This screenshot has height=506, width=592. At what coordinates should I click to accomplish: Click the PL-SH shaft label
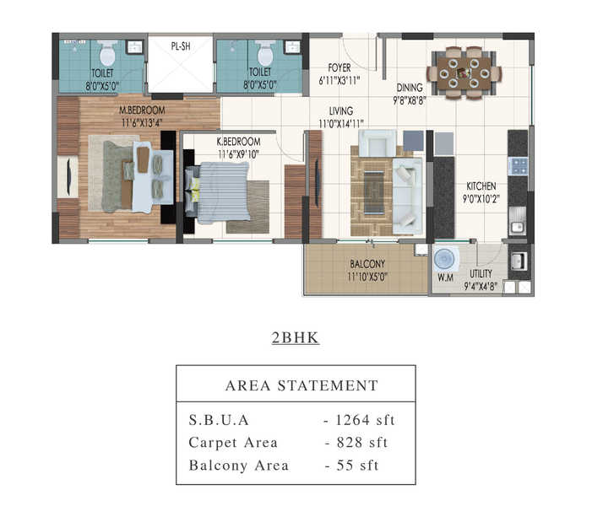pyautogui.click(x=181, y=46)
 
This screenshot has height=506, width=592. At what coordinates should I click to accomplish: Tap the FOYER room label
pyautogui.click(x=339, y=67)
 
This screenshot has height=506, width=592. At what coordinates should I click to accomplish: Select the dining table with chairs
pyautogui.click(x=464, y=73)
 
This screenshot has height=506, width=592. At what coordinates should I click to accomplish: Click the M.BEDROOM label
pyautogui.click(x=142, y=110)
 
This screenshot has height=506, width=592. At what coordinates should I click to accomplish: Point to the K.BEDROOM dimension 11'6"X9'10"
pyautogui.click(x=238, y=154)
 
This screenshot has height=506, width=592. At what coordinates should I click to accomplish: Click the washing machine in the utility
pyautogui.click(x=445, y=259)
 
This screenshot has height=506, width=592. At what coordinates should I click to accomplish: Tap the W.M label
pyautogui.click(x=445, y=277)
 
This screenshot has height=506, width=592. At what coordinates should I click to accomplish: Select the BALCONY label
pyautogui.click(x=367, y=264)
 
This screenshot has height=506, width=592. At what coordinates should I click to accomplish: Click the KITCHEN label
pyautogui.click(x=481, y=186)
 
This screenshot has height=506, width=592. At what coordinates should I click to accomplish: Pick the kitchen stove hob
pyautogui.click(x=518, y=166)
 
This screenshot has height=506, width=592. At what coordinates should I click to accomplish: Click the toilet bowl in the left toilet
pyautogui.click(x=107, y=53)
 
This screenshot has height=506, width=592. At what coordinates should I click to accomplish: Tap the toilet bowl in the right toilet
pyautogui.click(x=265, y=53)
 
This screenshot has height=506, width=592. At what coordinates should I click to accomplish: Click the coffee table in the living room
pyautogui.click(x=374, y=192)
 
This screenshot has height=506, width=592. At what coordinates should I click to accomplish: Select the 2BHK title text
pyautogui.click(x=296, y=337)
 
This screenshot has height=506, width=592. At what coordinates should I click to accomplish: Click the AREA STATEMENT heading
pyautogui.click(x=301, y=385)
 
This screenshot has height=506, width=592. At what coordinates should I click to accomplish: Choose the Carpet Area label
pyautogui.click(x=233, y=443)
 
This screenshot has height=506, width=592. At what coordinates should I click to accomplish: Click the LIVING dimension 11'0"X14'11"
pyautogui.click(x=341, y=124)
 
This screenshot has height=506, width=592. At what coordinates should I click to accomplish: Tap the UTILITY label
pyautogui.click(x=481, y=274)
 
